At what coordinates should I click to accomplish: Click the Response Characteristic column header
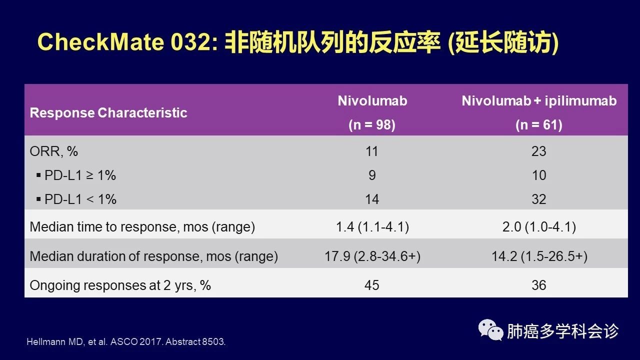[108, 113]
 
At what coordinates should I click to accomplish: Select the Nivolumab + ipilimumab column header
[539, 101]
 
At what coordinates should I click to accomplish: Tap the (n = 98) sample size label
[372, 125]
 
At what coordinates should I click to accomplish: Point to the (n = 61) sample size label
[539, 125]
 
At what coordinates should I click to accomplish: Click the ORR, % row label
[53, 151]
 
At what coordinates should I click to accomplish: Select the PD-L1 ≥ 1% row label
[76, 175]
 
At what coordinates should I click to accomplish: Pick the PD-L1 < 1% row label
[76, 199]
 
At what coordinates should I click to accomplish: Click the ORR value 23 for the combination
[539, 151]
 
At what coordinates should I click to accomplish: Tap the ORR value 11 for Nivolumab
[372, 151]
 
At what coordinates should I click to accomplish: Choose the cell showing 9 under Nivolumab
[372, 175]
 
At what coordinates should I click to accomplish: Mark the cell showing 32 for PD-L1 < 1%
[539, 199]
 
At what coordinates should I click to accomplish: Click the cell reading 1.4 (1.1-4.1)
[372, 227]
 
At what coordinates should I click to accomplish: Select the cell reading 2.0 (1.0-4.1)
[539, 227]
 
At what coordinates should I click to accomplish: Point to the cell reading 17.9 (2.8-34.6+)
[372, 256]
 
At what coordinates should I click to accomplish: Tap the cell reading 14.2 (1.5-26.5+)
[539, 256]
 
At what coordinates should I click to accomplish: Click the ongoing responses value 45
[371, 285]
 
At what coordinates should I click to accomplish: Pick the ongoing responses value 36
[539, 285]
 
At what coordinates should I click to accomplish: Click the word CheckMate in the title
[100, 42]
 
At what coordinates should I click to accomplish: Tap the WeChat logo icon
[490, 330]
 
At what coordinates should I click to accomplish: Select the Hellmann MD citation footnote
[126, 341]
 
